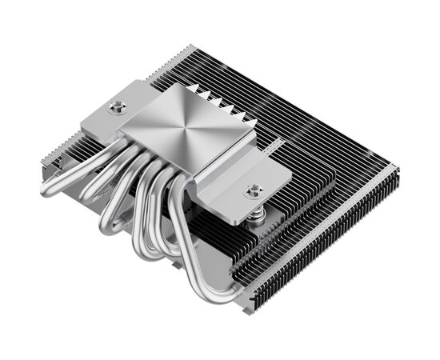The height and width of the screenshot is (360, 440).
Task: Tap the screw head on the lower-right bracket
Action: point(254,190)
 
